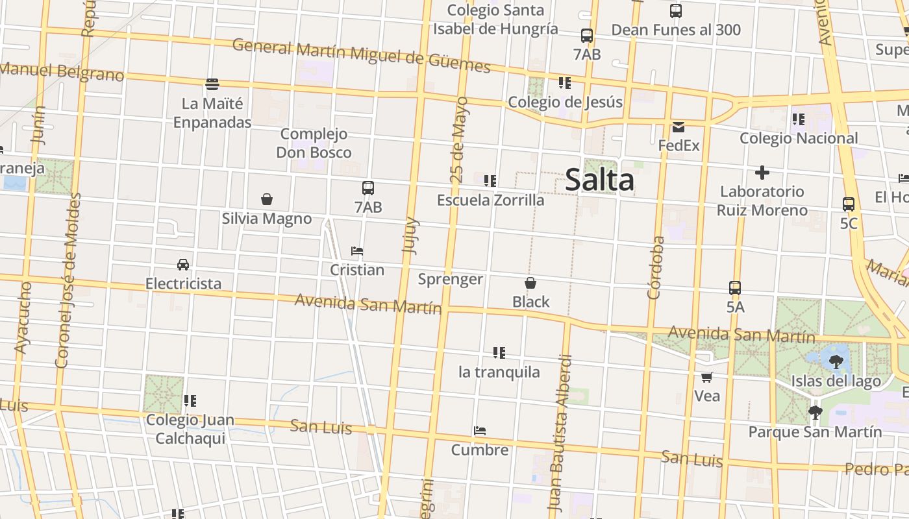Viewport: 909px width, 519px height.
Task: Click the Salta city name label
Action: [x=599, y=180]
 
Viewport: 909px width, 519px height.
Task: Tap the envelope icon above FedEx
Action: [x=679, y=127]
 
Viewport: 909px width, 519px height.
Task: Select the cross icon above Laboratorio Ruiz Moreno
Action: [x=762, y=173]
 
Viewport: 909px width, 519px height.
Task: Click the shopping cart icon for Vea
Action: [x=707, y=377]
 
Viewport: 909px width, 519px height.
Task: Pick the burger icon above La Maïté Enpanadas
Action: [x=212, y=84]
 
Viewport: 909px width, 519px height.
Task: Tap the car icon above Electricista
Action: [x=183, y=265]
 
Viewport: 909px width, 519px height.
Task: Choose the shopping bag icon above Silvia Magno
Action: [x=266, y=199]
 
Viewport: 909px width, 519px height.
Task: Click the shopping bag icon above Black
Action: [x=530, y=283]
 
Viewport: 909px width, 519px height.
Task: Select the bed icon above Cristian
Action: [x=356, y=251]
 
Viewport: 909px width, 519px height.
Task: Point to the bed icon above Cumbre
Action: [x=480, y=431]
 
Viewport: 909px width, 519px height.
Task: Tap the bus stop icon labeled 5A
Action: [x=735, y=288]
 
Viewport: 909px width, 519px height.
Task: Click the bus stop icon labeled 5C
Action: [x=849, y=204]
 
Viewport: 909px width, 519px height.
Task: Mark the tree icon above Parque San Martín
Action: [x=815, y=413]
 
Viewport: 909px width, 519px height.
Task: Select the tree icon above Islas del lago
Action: [x=836, y=362]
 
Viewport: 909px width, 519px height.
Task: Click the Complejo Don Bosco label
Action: [x=314, y=143]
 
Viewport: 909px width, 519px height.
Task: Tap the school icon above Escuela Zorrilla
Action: [x=490, y=181]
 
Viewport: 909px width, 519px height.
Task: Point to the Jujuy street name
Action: [x=411, y=235]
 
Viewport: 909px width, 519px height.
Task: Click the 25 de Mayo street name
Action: [x=458, y=139]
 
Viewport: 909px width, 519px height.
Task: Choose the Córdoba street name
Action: [x=656, y=267]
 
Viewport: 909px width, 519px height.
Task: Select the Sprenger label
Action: [x=450, y=280]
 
